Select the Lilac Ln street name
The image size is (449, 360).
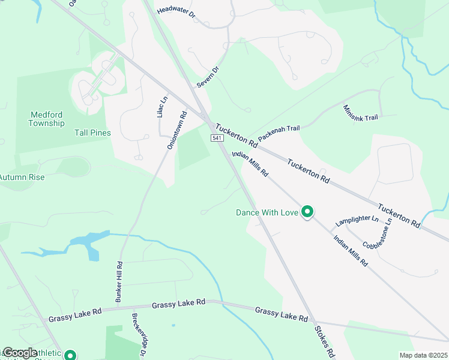tap(161, 107)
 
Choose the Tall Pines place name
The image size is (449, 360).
tap(92, 133)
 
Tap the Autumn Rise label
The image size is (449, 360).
tap(22, 177)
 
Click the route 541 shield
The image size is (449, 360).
tap(217, 139)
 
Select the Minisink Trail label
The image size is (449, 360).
tap(360, 112)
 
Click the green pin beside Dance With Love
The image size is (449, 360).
tap(307, 212)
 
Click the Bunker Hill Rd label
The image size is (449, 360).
tap(119, 281)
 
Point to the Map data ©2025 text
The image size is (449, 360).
tap(423, 355)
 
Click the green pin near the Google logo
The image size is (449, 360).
tap(70, 355)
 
